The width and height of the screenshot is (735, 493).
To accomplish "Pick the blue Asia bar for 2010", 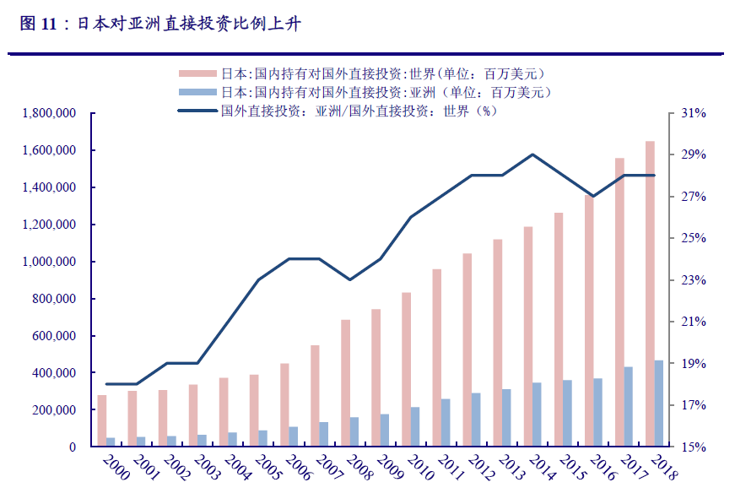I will (x=415, y=426).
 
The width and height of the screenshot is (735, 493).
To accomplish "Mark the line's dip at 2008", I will (x=350, y=279).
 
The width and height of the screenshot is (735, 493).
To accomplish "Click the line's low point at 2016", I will (x=593, y=196).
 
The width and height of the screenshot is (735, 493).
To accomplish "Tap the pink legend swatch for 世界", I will (x=197, y=73).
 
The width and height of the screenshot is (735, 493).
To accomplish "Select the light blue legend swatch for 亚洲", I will (x=197, y=92).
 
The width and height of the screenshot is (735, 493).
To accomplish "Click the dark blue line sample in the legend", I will (x=197, y=111).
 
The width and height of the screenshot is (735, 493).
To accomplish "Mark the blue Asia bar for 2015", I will (x=568, y=413).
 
